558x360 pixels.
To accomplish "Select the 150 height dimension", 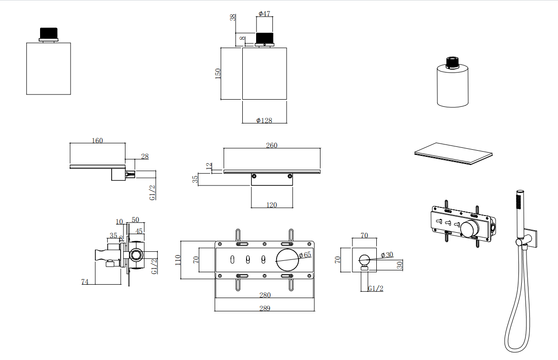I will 218,73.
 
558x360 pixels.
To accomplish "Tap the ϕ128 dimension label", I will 264,120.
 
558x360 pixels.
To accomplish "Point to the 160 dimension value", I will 97,140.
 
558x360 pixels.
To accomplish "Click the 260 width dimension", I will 271,145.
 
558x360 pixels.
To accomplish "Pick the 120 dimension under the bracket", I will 271,205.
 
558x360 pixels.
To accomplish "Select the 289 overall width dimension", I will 265,308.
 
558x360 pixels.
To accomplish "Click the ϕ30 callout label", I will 387,254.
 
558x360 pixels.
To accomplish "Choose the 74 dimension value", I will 85,282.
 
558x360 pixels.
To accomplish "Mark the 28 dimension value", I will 145,156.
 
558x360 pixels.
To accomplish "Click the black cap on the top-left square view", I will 48,33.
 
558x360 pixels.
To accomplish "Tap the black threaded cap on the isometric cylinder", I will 452,62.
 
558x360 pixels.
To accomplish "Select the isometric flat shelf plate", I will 453,153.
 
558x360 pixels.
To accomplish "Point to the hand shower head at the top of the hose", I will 519,206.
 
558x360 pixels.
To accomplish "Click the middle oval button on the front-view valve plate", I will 248,260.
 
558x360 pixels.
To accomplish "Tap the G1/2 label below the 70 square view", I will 375,288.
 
